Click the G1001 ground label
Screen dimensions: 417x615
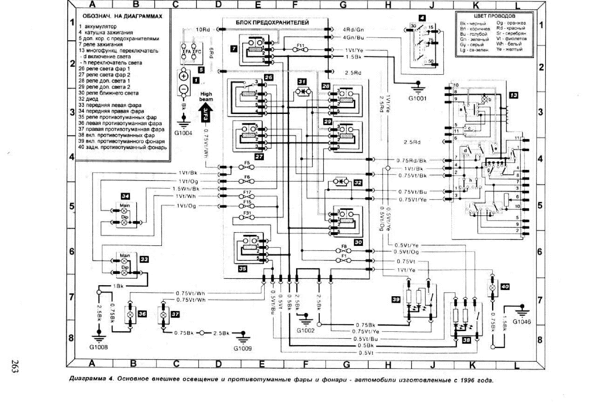417,98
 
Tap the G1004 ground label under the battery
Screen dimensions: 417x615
183,133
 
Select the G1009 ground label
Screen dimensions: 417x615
243,348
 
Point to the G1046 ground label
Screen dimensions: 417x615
521,322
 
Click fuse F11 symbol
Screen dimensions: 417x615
300,50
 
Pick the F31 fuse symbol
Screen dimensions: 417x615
247,218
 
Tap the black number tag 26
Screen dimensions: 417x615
268,77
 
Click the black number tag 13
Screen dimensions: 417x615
513,95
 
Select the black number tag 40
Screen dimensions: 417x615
505,286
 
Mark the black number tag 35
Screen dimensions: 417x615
243,269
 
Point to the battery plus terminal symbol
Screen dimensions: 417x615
184,76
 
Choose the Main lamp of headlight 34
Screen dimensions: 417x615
125,211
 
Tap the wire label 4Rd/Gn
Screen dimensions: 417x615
353,30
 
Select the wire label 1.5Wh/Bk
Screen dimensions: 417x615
186,189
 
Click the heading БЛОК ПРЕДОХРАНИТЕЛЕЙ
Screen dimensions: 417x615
272,23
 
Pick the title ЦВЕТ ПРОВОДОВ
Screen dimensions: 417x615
494,16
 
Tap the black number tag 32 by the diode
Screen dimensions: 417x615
358,183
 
